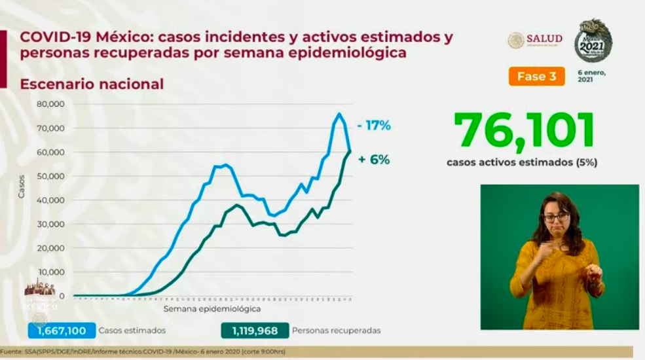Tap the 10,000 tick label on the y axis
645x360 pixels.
pyautogui.click(x=52, y=272)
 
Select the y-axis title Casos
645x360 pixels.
pyautogui.click(x=22, y=187)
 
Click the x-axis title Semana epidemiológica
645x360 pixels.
pyautogui.click(x=212, y=308)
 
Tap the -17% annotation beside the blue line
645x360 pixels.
pyautogui.click(x=374, y=126)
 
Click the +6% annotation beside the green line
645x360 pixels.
pyautogui.click(x=374, y=159)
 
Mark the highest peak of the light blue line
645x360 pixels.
pyautogui.click(x=339, y=115)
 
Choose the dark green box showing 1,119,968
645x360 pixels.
pyautogui.click(x=254, y=331)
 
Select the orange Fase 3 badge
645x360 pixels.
pyautogui.click(x=536, y=77)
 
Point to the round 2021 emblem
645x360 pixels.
pyautogui.click(x=593, y=41)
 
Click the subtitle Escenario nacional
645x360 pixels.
pyautogui.click(x=92, y=84)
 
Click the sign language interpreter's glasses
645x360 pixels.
pyautogui.click(x=556, y=216)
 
